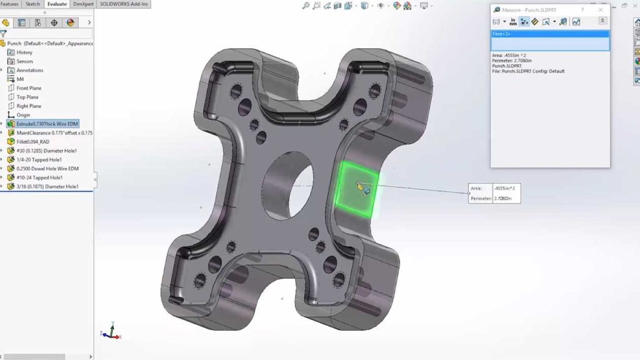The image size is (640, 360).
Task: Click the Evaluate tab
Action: click(57, 4)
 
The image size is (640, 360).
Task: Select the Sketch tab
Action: click(32, 4)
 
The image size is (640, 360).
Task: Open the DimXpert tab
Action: click(83, 4)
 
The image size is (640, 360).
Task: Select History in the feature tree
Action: click(24, 52)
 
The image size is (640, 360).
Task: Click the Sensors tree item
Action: click(25, 61)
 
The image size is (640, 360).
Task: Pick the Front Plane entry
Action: click(29, 88)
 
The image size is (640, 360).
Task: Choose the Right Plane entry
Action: click(29, 106)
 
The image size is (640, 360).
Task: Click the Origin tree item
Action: click(23, 115)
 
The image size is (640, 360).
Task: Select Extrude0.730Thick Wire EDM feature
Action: click(47, 124)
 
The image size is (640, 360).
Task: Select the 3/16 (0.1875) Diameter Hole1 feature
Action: click(47, 186)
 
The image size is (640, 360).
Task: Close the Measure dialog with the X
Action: click(601, 10)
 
